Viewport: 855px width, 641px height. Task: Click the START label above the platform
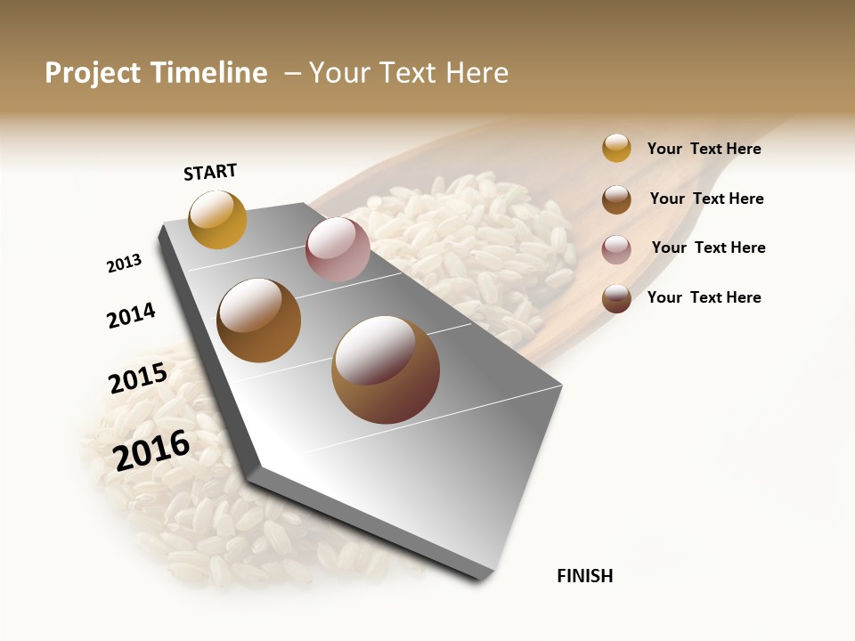click(x=210, y=172)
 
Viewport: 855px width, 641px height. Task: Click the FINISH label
click(x=584, y=576)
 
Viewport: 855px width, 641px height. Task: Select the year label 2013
click(x=124, y=264)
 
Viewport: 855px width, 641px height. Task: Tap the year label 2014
click(x=131, y=315)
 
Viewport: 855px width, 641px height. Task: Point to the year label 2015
click(x=138, y=377)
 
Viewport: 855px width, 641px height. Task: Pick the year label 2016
click(x=151, y=450)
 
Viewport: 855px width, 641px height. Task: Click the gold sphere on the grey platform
click(x=218, y=219)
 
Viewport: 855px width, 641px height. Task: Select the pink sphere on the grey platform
click(x=338, y=249)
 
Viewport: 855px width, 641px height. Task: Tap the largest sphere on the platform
click(x=386, y=369)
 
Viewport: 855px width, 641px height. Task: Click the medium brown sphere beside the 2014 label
click(x=259, y=320)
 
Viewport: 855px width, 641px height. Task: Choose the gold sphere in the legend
click(x=616, y=148)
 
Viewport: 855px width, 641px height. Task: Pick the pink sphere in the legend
click(x=616, y=249)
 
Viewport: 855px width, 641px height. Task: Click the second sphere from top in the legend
click(x=616, y=199)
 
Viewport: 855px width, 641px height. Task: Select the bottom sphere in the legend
click(x=616, y=298)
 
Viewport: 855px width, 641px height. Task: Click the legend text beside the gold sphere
click(x=704, y=149)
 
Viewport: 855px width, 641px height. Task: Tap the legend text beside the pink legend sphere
click(x=708, y=247)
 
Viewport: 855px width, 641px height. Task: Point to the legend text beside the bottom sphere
click(x=704, y=297)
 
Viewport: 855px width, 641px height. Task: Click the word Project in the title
click(x=93, y=73)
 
